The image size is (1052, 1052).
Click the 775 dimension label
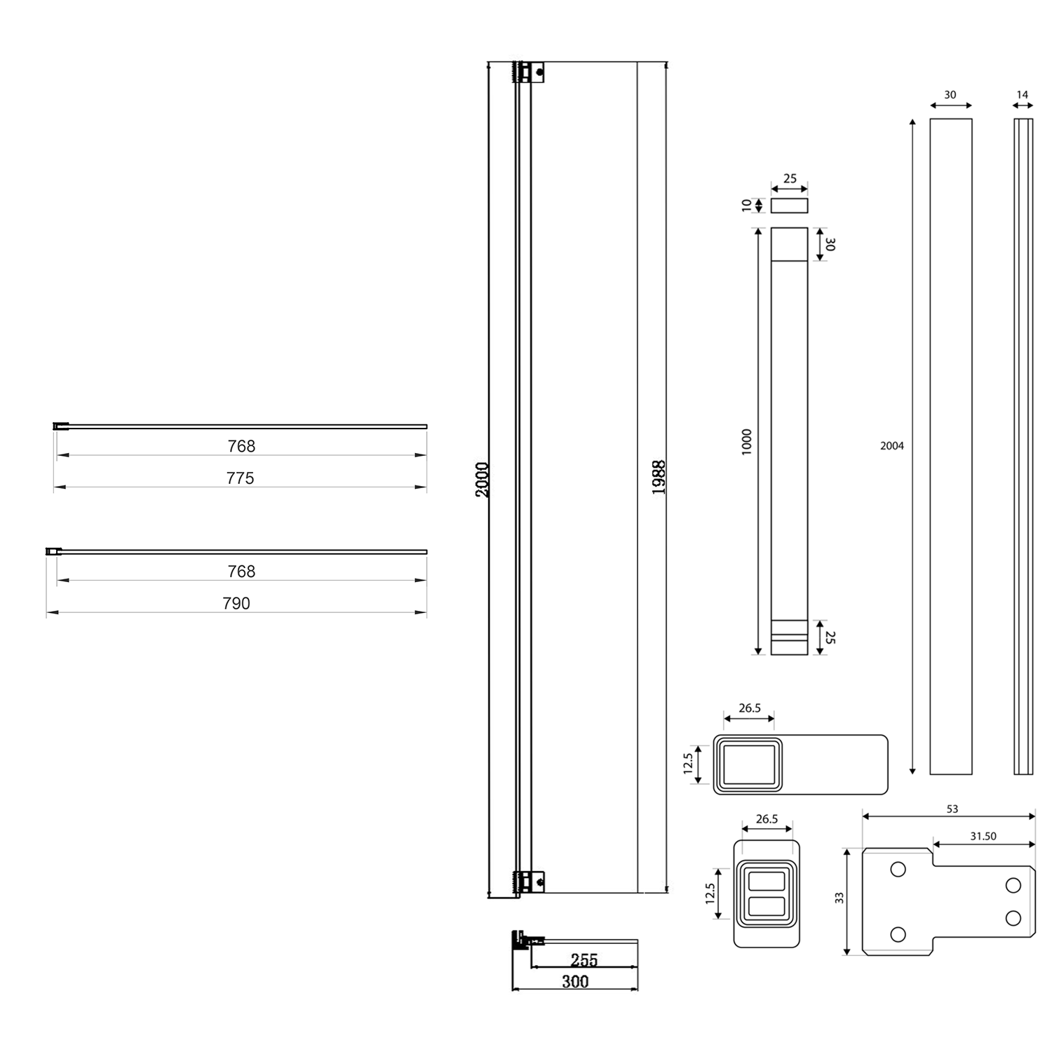tap(240, 478)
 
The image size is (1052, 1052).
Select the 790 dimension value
tap(236, 603)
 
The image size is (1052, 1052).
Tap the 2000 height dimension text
tap(483, 480)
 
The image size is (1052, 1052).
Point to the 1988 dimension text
tap(659, 478)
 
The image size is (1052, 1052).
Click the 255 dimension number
tap(584, 959)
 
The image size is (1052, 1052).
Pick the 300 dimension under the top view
tap(575, 981)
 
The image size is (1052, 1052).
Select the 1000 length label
tap(747, 442)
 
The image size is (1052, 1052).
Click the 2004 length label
tap(892, 446)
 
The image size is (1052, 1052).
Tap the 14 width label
tap(1023, 95)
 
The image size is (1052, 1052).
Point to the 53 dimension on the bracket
tap(952, 809)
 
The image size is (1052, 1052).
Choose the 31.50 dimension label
tap(983, 836)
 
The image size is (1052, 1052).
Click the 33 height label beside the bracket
tap(839, 898)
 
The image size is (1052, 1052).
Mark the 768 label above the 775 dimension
tap(241, 446)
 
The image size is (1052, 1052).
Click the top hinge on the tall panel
tap(530, 72)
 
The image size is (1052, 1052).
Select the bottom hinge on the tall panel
tap(530, 882)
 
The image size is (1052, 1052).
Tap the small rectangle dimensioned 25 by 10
tap(789, 205)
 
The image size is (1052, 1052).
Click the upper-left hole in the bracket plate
tap(898, 870)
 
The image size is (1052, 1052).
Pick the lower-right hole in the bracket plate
tap(1013, 917)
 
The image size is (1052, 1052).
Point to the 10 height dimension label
tap(747, 205)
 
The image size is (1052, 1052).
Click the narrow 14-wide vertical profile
tap(1023, 446)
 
